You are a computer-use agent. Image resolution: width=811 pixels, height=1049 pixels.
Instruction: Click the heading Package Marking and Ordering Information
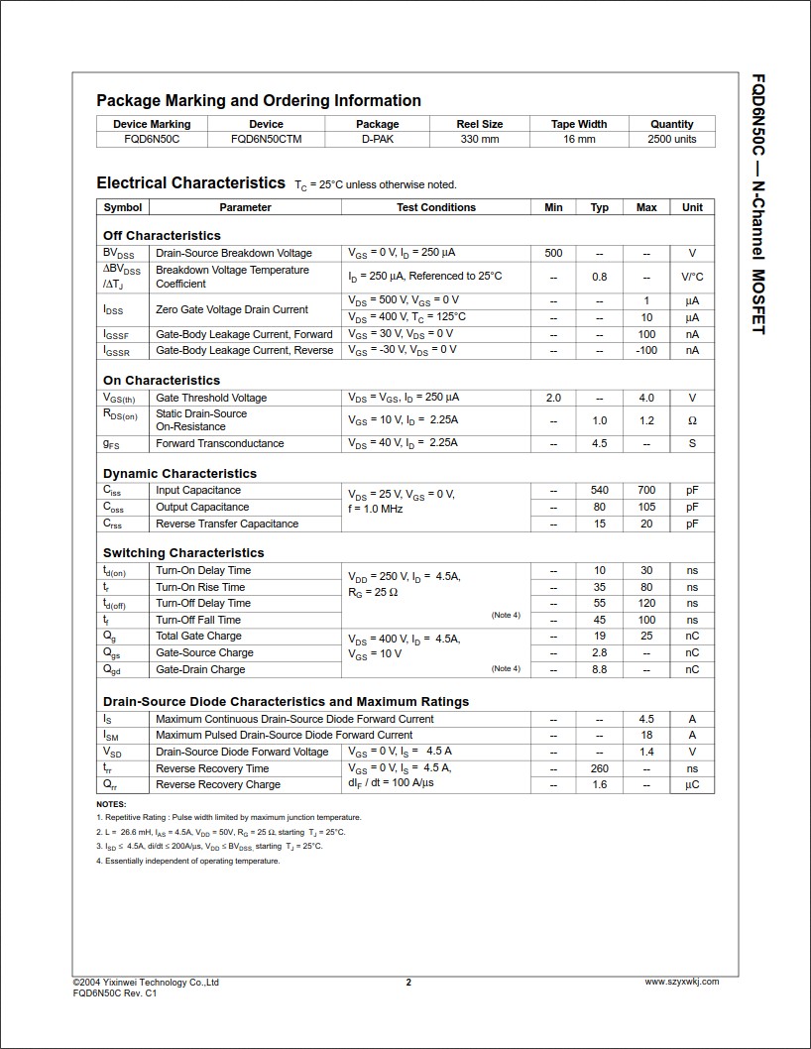click(259, 100)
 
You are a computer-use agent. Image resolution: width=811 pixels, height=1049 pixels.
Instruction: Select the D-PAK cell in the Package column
click(377, 140)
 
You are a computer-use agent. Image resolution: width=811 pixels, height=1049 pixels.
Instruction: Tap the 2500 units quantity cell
click(671, 140)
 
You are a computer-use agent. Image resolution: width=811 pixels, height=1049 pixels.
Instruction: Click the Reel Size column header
click(479, 124)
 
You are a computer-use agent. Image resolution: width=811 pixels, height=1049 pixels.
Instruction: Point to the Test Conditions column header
click(436, 207)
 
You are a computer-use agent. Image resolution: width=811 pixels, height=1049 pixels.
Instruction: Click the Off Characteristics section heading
click(162, 236)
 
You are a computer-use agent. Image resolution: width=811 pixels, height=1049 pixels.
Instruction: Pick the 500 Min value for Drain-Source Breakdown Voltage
click(553, 253)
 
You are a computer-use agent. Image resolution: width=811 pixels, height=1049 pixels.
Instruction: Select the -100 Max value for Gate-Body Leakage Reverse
click(646, 350)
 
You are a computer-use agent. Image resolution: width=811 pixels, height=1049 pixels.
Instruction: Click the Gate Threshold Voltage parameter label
click(211, 398)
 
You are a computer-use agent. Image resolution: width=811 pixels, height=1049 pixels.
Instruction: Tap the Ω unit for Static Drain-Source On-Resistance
click(692, 420)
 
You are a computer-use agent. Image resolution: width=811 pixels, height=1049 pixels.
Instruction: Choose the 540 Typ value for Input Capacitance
click(600, 490)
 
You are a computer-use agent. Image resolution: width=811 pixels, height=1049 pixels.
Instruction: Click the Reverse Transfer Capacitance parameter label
click(227, 524)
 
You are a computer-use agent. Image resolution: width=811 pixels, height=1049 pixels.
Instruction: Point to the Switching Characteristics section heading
click(183, 553)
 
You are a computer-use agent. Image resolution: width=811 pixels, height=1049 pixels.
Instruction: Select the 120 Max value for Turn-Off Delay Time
click(646, 603)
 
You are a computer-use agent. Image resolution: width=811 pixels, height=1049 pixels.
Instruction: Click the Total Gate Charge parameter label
click(198, 636)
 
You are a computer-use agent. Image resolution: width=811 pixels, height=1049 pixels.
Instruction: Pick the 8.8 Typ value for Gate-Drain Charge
click(600, 669)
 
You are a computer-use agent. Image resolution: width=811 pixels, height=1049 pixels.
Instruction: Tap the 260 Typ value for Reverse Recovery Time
click(600, 768)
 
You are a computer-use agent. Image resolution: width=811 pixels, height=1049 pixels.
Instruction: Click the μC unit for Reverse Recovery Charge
click(692, 784)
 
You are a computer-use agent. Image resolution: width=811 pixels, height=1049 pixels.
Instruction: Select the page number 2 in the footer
click(408, 983)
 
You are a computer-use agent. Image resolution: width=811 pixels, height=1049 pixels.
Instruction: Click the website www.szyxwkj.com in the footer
click(681, 982)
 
